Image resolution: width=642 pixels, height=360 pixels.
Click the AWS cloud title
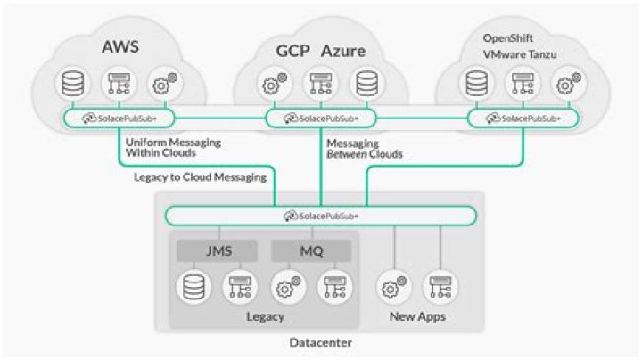click(120, 45)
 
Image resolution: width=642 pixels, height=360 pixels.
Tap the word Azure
click(342, 51)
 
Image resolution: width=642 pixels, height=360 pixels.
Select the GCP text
click(292, 51)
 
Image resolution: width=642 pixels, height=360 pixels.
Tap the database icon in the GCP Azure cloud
click(366, 85)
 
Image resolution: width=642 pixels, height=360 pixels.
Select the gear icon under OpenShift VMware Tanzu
click(565, 85)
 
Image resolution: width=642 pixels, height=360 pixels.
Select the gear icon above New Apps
click(392, 287)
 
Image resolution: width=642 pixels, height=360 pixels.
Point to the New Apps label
click(416, 316)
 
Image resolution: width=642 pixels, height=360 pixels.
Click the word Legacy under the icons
click(264, 316)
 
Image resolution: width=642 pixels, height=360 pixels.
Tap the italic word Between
click(346, 155)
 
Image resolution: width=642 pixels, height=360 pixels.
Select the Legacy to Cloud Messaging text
click(201, 176)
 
